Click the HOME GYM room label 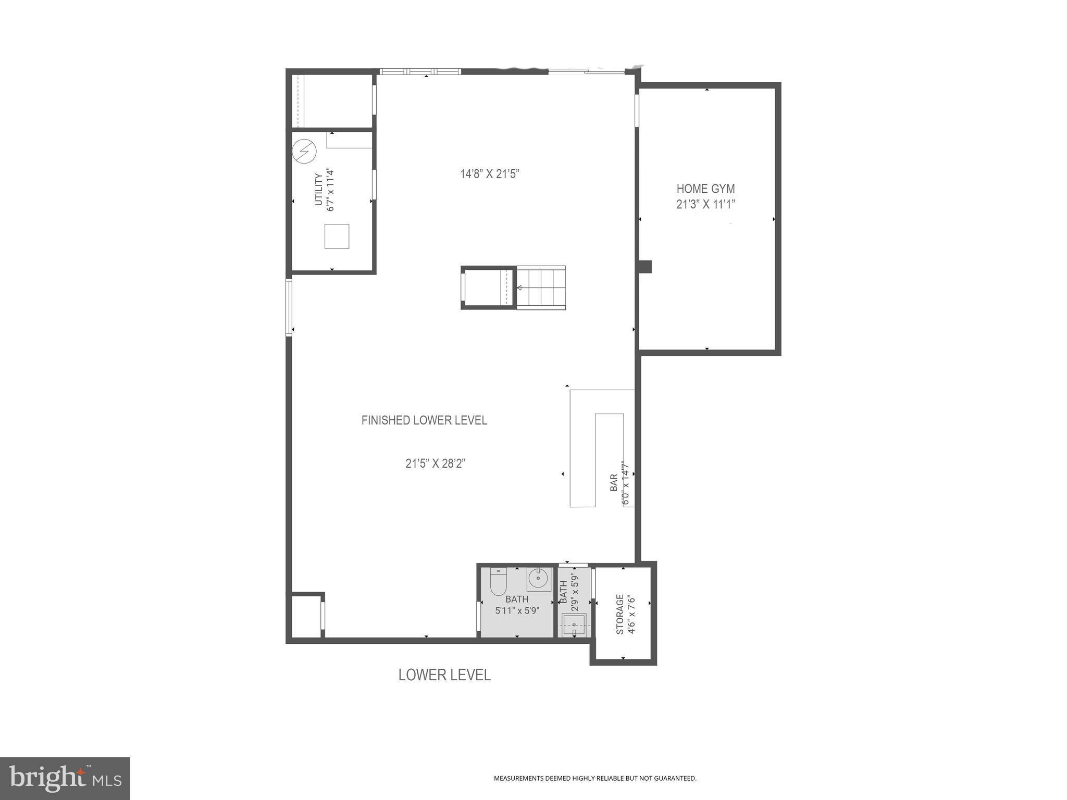tap(705, 189)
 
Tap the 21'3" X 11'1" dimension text tap(705, 205)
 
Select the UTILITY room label tap(319, 190)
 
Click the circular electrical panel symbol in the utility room tap(304, 151)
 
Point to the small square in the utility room tap(337, 236)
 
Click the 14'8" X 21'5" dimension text tap(490, 174)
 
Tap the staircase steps tap(541, 287)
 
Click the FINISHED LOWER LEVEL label tap(424, 420)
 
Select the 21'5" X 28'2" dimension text tap(435, 464)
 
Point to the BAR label tap(614, 482)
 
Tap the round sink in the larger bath tap(538, 578)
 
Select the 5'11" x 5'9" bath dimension tap(517, 610)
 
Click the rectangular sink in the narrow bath tap(574, 623)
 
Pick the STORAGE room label tap(620, 614)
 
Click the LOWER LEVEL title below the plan tap(444, 675)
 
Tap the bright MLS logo tap(65, 778)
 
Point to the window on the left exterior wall tap(289, 307)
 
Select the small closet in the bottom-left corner tap(306, 616)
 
